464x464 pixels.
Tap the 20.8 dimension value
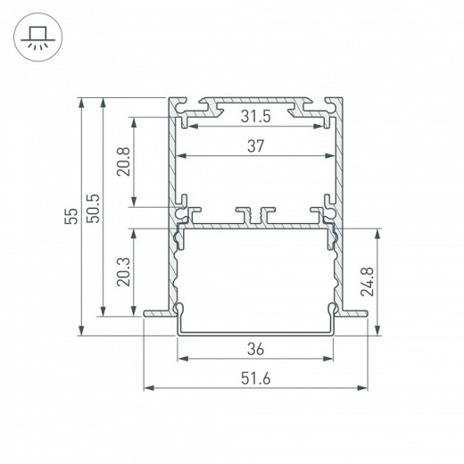124,162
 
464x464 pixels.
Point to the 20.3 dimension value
124,272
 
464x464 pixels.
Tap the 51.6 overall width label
256,378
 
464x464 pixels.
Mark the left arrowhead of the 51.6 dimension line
148,388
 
